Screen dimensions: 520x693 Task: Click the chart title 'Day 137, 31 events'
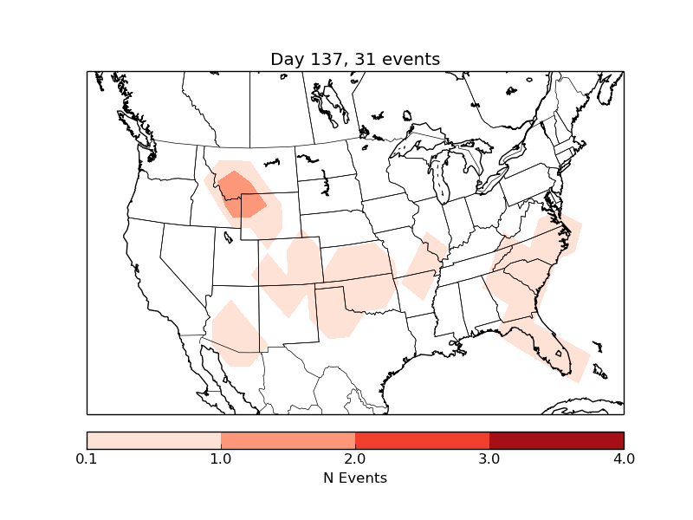click(x=355, y=59)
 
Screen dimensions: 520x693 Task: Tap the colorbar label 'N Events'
click(x=355, y=478)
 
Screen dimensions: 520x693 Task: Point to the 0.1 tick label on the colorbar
click(x=87, y=458)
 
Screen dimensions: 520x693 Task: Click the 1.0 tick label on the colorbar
click(x=221, y=458)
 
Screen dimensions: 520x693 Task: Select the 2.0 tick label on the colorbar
click(x=355, y=458)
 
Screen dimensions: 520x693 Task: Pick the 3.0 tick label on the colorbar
click(x=489, y=458)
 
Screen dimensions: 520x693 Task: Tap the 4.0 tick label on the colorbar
click(x=623, y=458)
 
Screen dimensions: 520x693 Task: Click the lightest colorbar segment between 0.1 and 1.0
click(x=154, y=440)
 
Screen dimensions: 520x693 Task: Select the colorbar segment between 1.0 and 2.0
click(x=288, y=440)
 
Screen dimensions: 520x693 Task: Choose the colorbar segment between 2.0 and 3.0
click(x=422, y=440)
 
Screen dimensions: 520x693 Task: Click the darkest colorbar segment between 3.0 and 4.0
click(x=556, y=440)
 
